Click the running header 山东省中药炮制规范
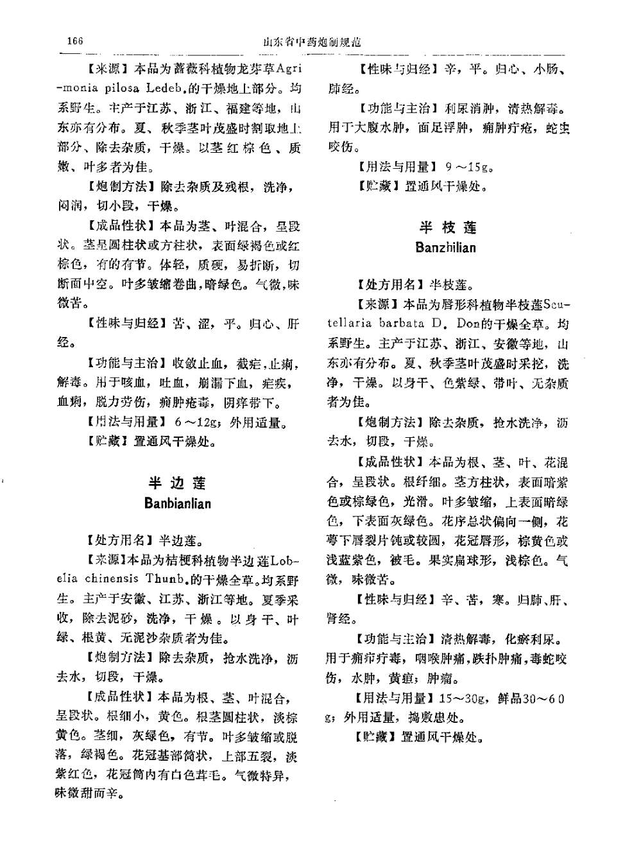312,42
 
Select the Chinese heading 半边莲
177,483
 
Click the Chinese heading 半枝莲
447,227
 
